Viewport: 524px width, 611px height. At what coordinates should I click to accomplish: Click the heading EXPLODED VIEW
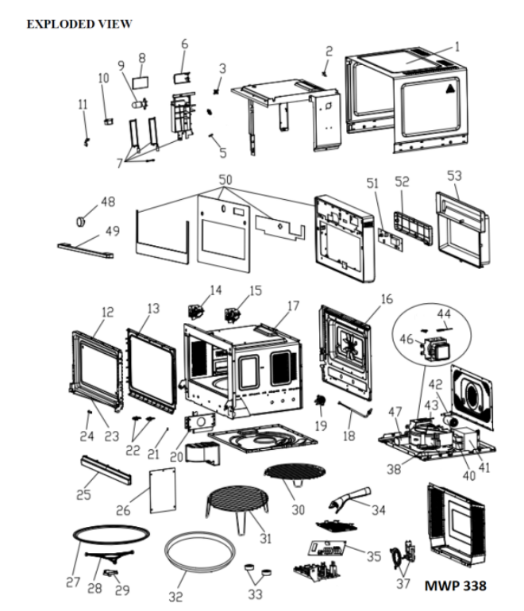pos(79,25)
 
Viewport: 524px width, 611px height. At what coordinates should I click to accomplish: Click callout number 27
pos(73,582)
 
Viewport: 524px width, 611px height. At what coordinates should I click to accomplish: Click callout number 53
pos(454,175)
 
